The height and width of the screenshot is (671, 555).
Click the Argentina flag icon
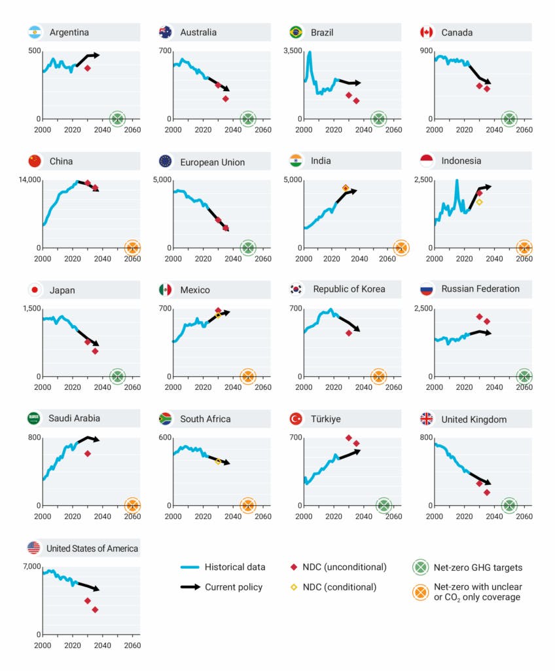(35, 32)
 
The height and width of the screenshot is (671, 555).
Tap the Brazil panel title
(322, 32)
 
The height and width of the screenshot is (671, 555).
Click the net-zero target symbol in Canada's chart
(509, 119)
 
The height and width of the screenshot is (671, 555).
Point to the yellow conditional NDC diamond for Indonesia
(479, 202)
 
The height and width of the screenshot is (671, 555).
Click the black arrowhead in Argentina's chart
(96, 55)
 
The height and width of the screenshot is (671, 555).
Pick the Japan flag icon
(35, 290)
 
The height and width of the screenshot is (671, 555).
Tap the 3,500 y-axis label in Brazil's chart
(291, 50)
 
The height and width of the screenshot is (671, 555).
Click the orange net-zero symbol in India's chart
(401, 247)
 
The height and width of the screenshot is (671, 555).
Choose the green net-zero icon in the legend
(421, 567)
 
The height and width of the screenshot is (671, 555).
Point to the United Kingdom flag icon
(427, 419)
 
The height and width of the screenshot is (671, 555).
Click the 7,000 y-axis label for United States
(30, 566)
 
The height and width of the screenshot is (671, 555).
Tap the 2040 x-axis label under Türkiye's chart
(363, 516)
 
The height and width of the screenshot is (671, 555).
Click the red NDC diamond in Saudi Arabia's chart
(87, 453)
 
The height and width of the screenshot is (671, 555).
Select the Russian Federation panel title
(480, 289)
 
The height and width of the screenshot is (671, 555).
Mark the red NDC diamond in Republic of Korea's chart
(349, 333)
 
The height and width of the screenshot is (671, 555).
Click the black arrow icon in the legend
(190, 586)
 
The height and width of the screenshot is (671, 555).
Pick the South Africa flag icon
(166, 419)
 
